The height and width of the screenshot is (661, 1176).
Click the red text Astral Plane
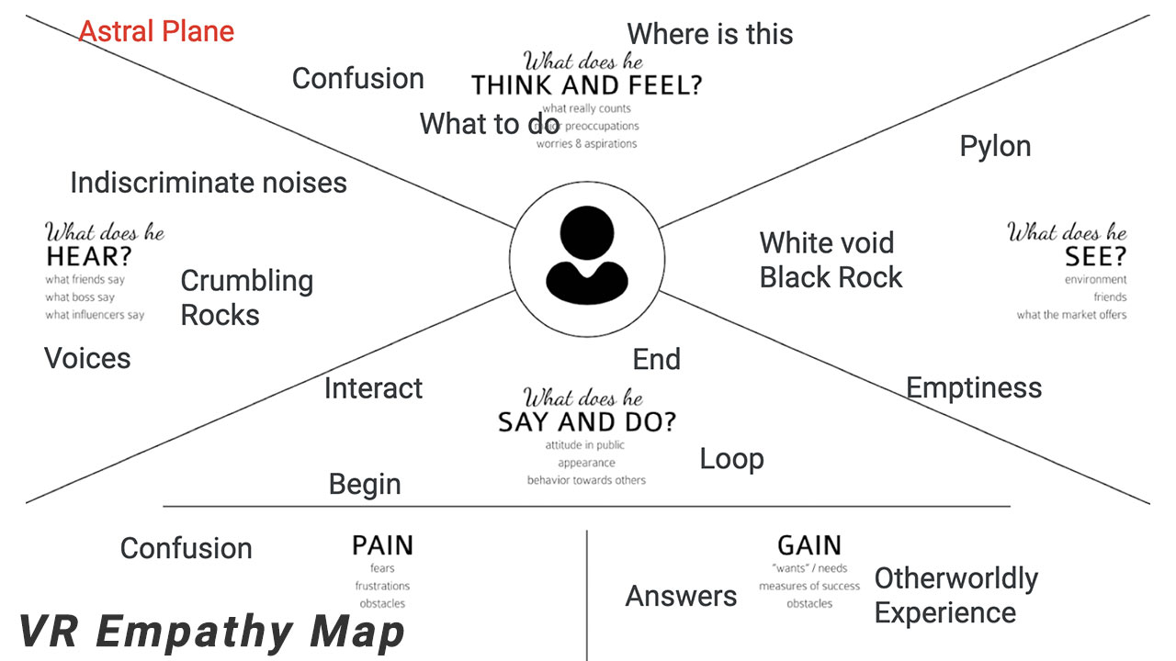[x=156, y=32]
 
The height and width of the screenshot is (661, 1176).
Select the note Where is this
[x=709, y=35]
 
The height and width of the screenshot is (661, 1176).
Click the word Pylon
[x=995, y=147]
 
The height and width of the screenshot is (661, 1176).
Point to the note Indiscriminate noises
[x=209, y=183]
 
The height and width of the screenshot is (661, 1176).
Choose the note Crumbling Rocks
[x=246, y=297]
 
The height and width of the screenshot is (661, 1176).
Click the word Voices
[x=87, y=358]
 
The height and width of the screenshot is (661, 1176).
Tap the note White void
[x=826, y=243]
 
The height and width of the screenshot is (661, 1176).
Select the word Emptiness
[x=974, y=388]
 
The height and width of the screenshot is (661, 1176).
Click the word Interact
[x=373, y=388]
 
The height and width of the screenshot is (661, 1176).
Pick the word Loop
[x=731, y=459]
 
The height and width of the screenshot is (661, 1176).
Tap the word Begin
[x=365, y=484]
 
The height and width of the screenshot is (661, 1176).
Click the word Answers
[x=681, y=597]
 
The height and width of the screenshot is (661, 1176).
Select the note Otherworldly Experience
[x=955, y=596]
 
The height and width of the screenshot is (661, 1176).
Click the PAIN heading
[x=382, y=546]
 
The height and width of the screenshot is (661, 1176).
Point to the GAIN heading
[x=809, y=545]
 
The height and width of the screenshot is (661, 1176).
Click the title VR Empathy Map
[x=211, y=633]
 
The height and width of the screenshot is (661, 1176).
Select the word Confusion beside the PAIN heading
[x=186, y=548]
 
